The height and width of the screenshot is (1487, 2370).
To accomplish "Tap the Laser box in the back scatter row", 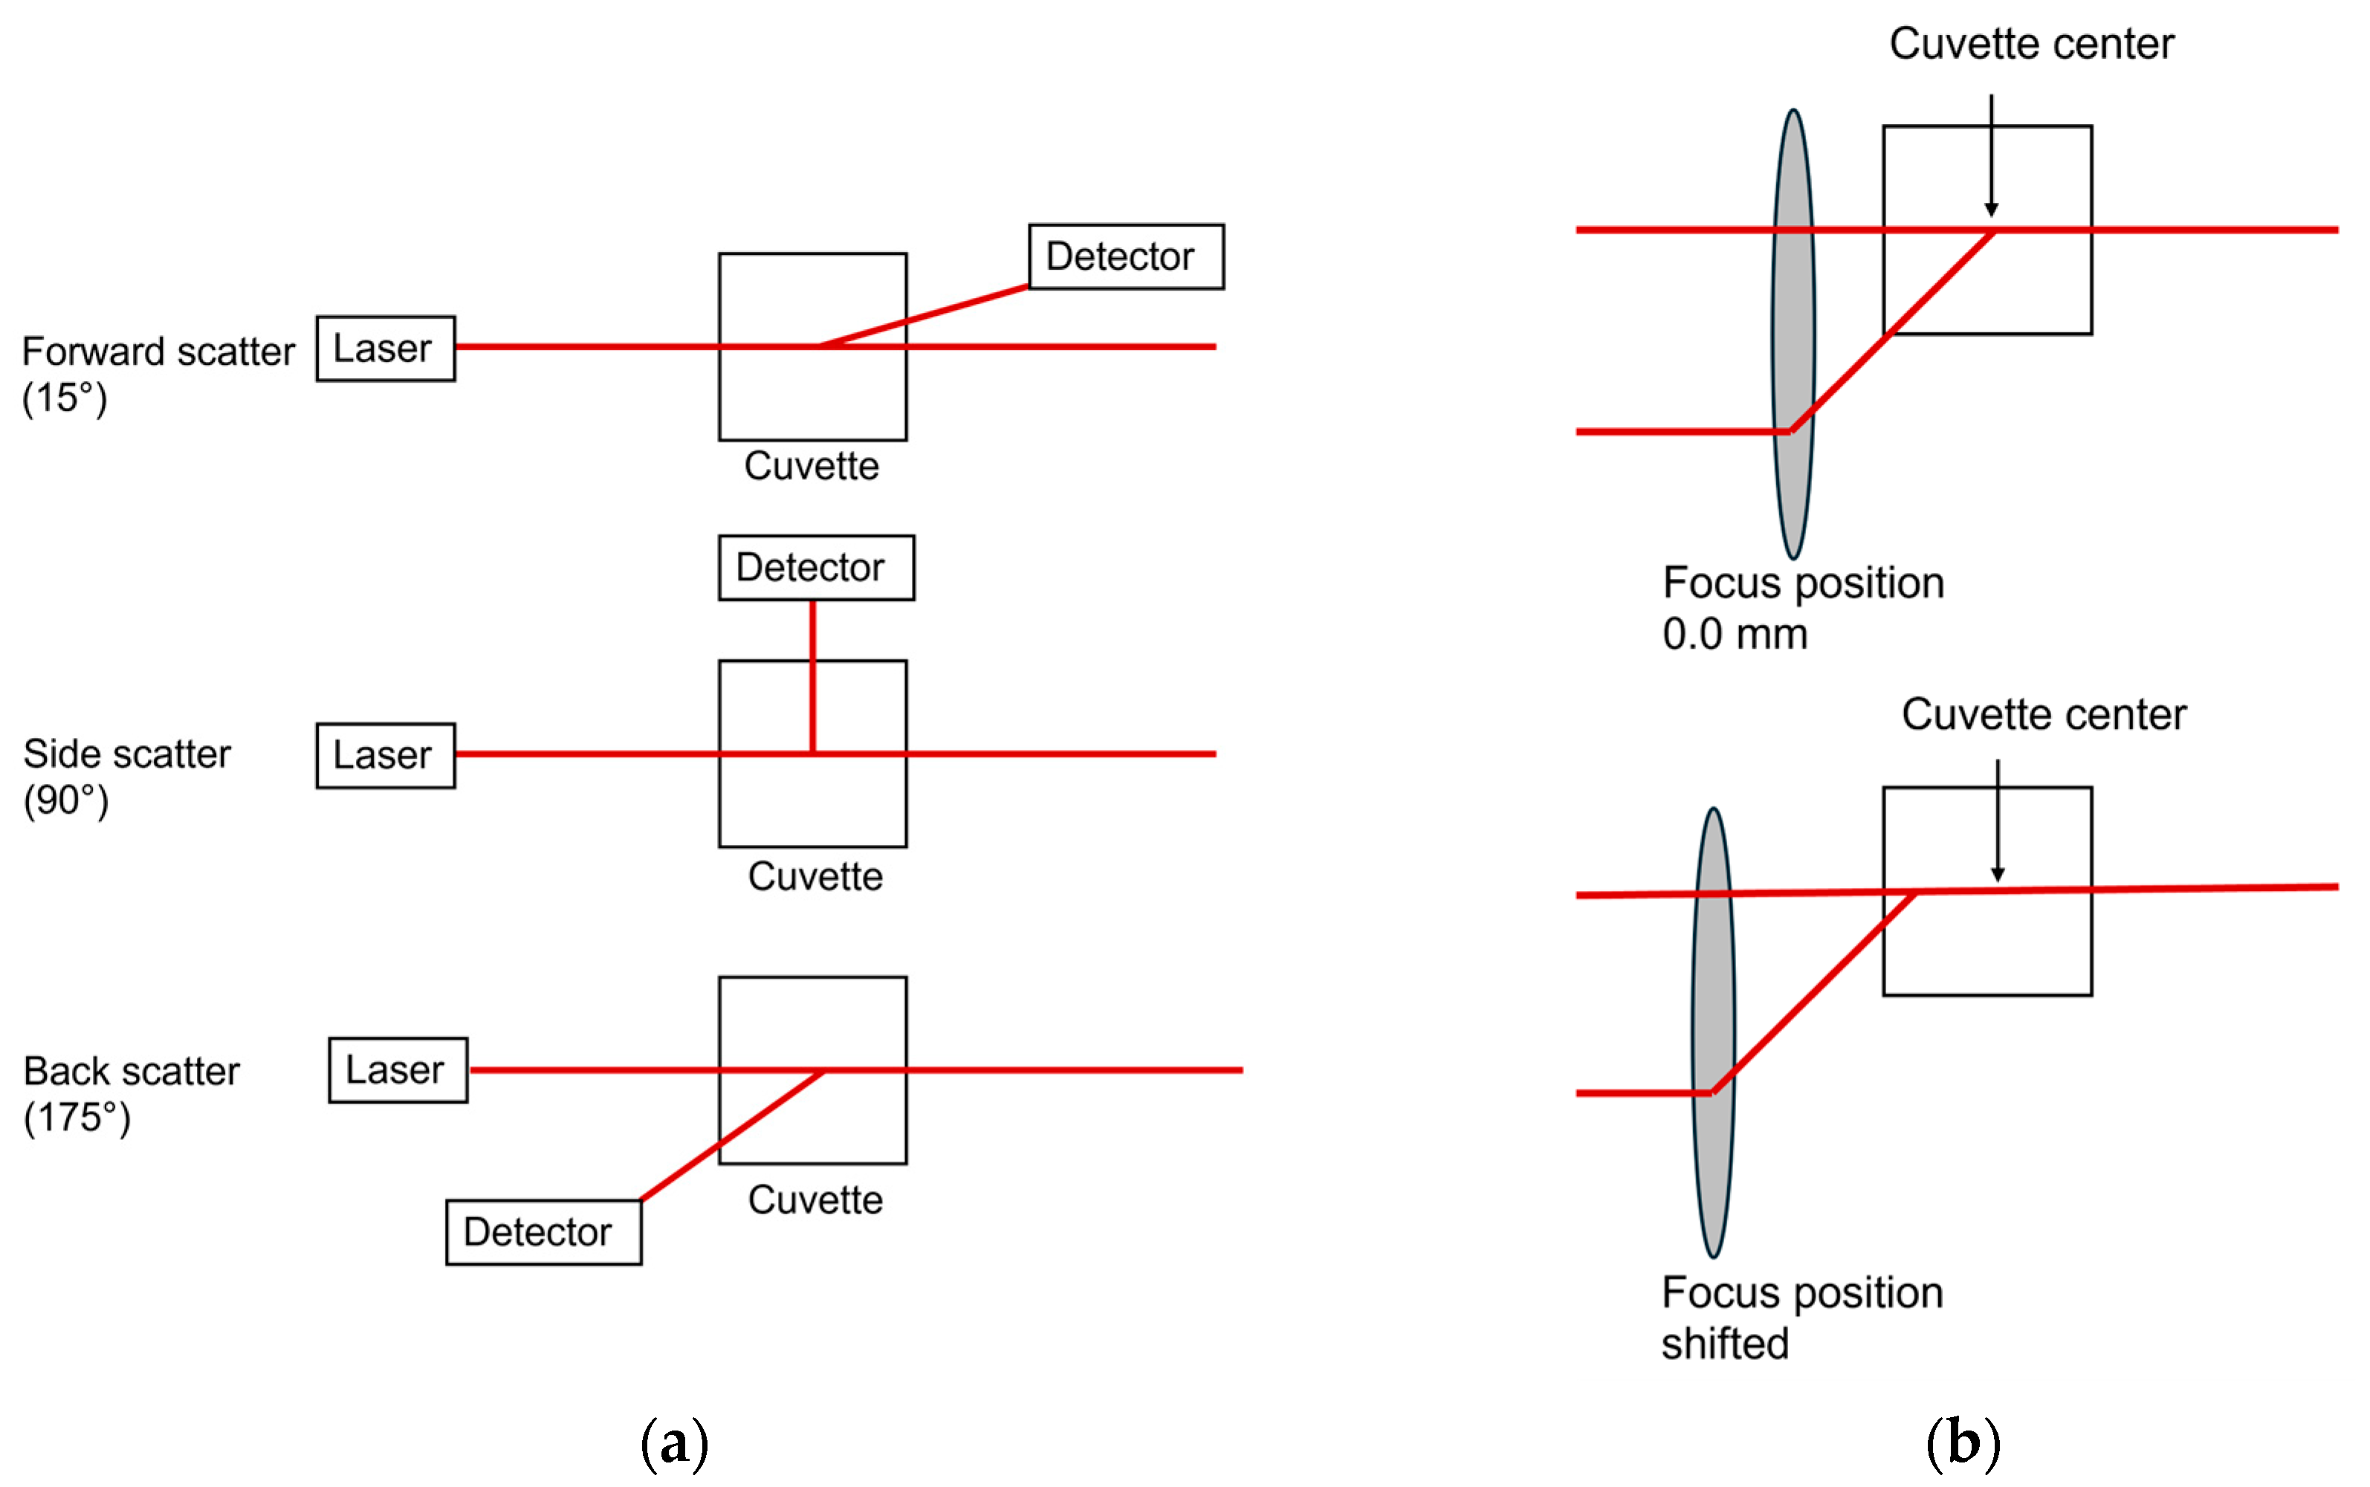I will tap(398, 1070).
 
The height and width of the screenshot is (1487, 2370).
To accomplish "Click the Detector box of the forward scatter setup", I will tap(1125, 256).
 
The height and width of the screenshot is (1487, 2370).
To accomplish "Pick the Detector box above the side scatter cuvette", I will tap(815, 568).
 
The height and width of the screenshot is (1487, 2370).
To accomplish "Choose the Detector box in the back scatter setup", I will tap(543, 1231).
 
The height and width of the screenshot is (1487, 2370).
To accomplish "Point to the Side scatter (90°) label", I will tap(126, 776).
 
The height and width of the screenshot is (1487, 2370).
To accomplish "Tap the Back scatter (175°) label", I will tap(130, 1092).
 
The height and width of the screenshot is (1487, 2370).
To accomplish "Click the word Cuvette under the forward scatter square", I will tap(812, 466).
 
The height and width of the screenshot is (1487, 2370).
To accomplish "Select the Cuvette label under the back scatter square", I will tap(815, 1200).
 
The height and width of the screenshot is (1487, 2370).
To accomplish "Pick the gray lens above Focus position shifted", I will tap(1712, 1033).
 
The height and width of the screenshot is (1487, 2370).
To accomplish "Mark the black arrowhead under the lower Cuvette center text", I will tap(1996, 875).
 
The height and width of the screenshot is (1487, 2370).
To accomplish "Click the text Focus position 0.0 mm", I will tap(1801, 608).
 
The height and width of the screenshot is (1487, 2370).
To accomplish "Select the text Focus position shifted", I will tap(1801, 1317).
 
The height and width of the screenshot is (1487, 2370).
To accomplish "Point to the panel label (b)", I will tap(1962, 1442).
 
